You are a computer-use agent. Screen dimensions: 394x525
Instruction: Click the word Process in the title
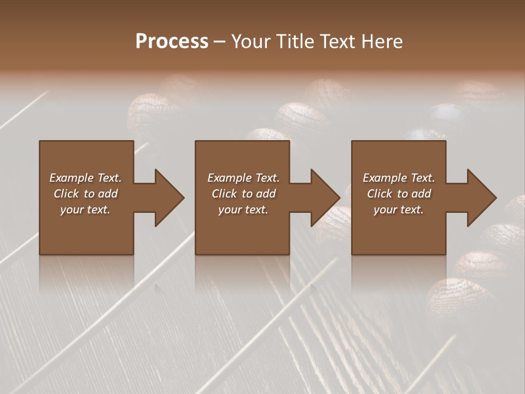pyautogui.click(x=172, y=42)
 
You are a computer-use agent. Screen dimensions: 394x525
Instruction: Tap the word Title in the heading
pyautogui.click(x=294, y=42)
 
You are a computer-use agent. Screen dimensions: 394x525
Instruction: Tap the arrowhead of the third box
pyautogui.click(x=481, y=198)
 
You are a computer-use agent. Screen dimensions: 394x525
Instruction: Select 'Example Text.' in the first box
pyautogui.click(x=85, y=178)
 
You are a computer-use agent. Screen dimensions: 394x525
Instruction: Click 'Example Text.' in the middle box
pyautogui.click(x=243, y=178)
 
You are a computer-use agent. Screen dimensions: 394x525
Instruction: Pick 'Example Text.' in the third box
pyautogui.click(x=399, y=178)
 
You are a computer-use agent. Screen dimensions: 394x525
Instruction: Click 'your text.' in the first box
pyautogui.click(x=85, y=210)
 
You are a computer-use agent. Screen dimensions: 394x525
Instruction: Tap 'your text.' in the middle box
pyautogui.click(x=243, y=210)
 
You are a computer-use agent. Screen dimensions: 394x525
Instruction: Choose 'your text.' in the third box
pyautogui.click(x=399, y=210)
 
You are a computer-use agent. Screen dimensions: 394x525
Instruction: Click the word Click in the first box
pyautogui.click(x=66, y=194)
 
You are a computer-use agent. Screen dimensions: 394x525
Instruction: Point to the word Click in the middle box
pyautogui.click(x=224, y=194)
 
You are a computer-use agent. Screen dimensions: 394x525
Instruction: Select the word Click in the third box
pyautogui.click(x=379, y=194)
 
